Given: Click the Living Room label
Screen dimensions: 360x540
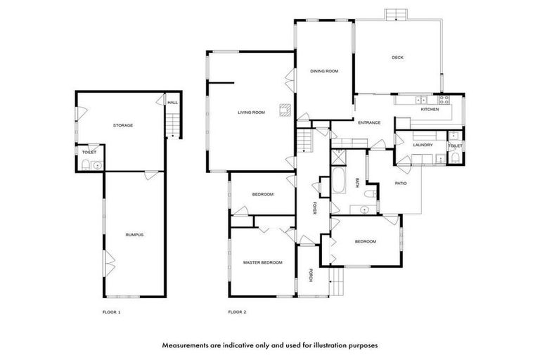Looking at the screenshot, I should pos(250,112).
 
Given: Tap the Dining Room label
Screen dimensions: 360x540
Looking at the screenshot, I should pos(324,71).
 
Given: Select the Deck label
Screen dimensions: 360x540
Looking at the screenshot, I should pos(397,58).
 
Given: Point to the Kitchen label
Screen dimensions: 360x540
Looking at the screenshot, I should pos(430,110).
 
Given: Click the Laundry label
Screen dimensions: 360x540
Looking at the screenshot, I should pos(423,146).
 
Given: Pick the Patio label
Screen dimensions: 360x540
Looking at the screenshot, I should pos(400,184).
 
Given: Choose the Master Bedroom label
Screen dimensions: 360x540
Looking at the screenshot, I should pos(262,262).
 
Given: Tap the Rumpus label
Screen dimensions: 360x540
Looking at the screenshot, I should pos(134,234).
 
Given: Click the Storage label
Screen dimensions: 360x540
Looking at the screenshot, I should pos(123,125).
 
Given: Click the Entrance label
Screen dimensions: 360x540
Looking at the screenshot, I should pos(369,123).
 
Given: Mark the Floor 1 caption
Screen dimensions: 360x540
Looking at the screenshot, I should pos(112,311).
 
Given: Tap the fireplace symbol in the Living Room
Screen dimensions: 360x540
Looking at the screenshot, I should pos(284,110).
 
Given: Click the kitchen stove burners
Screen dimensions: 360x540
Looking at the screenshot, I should pos(444,100).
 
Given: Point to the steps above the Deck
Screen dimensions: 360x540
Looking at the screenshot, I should pos(395,15).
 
